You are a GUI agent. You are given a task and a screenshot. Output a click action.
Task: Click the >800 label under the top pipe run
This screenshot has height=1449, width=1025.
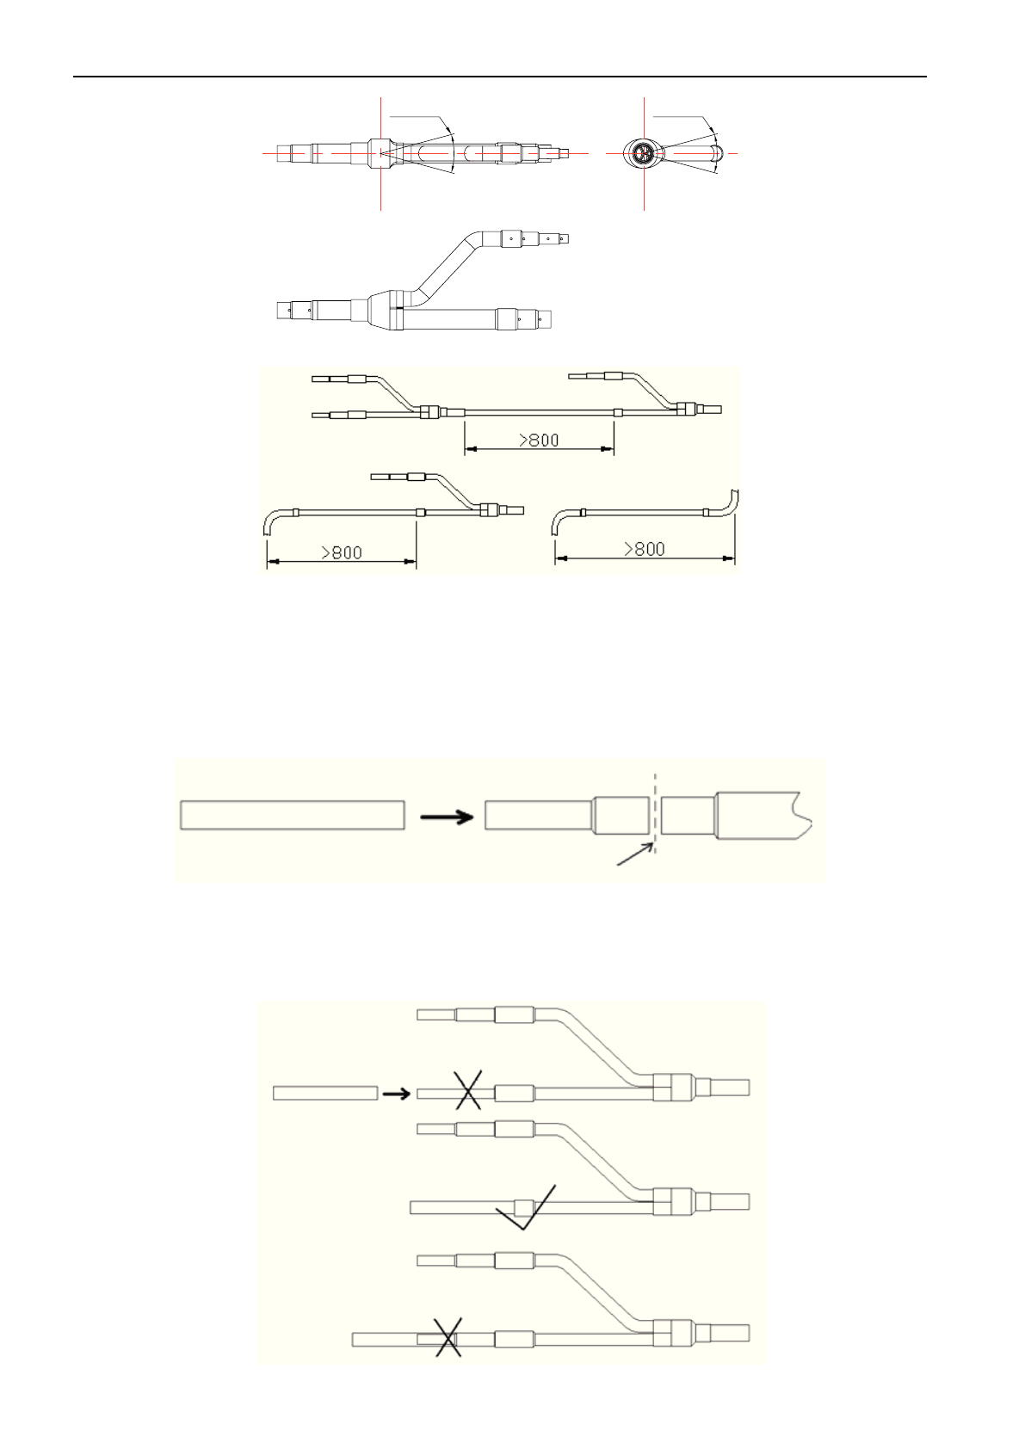(539, 440)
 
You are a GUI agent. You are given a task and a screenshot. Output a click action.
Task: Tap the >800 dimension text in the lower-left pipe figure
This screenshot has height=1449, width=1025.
(342, 552)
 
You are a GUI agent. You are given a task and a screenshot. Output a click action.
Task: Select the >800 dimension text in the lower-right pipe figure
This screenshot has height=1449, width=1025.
(644, 549)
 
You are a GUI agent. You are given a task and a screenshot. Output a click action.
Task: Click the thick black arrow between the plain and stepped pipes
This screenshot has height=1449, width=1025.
(448, 817)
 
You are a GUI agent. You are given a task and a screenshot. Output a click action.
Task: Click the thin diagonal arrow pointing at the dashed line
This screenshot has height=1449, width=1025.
(633, 854)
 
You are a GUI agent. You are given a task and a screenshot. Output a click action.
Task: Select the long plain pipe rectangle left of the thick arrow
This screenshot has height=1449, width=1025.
(293, 814)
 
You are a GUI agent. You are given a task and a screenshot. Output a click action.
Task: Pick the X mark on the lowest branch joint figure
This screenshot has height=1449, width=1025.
(448, 1336)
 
